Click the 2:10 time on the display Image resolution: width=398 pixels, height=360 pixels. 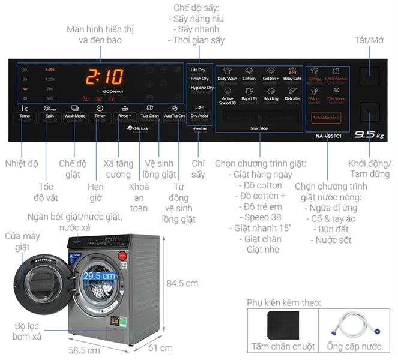tap(105, 77)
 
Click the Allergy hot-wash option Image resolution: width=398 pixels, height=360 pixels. tap(315, 74)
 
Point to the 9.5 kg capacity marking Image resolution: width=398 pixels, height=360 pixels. tap(368, 135)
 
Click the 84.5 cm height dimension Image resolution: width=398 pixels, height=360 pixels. tap(182, 283)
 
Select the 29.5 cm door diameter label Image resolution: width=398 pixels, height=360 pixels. tap(99, 275)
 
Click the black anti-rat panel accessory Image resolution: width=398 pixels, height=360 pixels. tap(282, 323)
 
